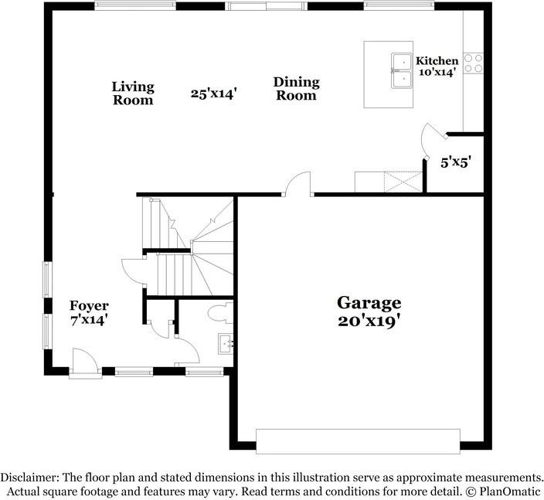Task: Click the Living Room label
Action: pos(133,93)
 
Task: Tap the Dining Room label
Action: pos(296,89)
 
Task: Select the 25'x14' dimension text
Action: pos(213,94)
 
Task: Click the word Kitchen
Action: pos(437,61)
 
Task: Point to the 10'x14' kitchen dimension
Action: pos(437,72)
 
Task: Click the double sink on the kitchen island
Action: pos(402,70)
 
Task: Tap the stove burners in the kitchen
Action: pos(473,63)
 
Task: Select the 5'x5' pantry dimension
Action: pos(455,163)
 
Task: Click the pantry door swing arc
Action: pos(429,139)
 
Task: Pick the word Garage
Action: pos(369,303)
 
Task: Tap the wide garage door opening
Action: pos(357,441)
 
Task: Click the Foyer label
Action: pos(89,306)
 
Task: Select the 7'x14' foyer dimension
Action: pos(89,318)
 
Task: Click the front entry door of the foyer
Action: pos(83,364)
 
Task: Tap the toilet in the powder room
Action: pos(219,312)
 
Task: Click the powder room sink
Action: pos(226,342)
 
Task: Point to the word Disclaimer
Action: pos(29,478)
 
